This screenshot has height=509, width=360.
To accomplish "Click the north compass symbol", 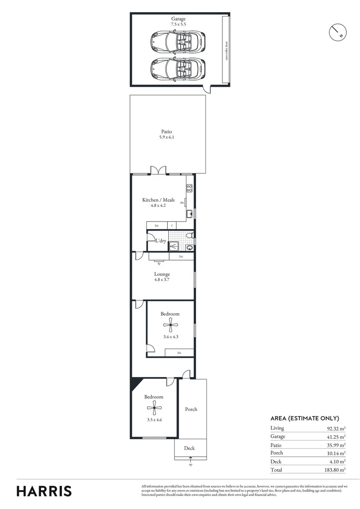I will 337,32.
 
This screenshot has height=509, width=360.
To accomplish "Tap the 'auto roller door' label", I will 227,49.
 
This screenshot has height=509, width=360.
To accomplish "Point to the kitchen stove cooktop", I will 189,188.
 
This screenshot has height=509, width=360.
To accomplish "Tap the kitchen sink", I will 189,214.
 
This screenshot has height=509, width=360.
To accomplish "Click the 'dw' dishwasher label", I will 182,202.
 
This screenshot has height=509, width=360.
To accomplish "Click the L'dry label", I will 161,241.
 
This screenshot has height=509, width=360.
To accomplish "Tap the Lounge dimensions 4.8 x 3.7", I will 162,279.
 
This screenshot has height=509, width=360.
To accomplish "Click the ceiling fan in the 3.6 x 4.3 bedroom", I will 170,323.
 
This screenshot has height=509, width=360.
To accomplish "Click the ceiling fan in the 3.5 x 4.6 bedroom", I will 154,409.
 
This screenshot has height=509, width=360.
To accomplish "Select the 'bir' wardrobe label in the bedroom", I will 180,353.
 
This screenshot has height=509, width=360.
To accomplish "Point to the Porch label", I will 191,409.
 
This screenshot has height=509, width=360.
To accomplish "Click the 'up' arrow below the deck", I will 190,462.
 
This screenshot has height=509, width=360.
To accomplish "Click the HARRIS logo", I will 44,491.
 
